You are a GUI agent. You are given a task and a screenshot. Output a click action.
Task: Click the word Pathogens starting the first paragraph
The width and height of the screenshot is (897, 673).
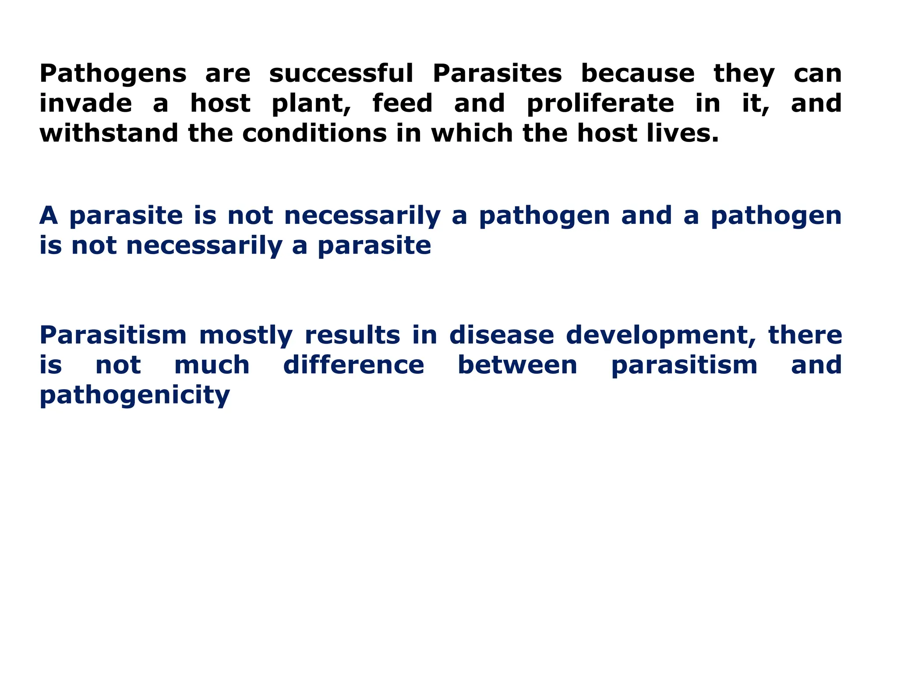click(x=113, y=74)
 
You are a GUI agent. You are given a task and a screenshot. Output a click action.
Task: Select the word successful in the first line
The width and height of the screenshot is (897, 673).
click(x=341, y=74)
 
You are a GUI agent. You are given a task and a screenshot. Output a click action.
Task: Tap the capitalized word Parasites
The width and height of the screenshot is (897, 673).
click(x=497, y=74)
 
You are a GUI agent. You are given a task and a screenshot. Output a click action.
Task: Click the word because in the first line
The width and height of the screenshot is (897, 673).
click(x=637, y=74)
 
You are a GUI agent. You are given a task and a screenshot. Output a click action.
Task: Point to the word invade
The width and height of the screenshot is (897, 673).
click(x=85, y=103)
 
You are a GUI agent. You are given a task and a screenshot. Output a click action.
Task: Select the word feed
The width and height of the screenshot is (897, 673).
click(x=403, y=103)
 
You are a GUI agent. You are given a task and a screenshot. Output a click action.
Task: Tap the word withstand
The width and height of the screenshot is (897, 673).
click(x=109, y=133)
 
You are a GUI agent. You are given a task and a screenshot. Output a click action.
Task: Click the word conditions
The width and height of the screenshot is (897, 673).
click(x=314, y=133)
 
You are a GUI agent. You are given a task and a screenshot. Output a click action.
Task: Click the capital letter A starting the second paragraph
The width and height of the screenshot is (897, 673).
click(x=49, y=216)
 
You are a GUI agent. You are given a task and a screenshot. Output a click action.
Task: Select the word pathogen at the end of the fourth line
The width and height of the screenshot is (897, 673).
click(x=776, y=216)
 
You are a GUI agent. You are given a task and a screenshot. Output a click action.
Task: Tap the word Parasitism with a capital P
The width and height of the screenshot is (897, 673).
click(x=113, y=336)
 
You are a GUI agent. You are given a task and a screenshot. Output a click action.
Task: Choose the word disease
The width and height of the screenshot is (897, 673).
click(x=501, y=336)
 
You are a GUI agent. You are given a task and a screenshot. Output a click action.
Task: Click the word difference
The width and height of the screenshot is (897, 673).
click(x=353, y=365)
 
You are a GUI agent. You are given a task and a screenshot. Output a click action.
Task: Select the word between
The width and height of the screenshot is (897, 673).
click(x=517, y=365)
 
